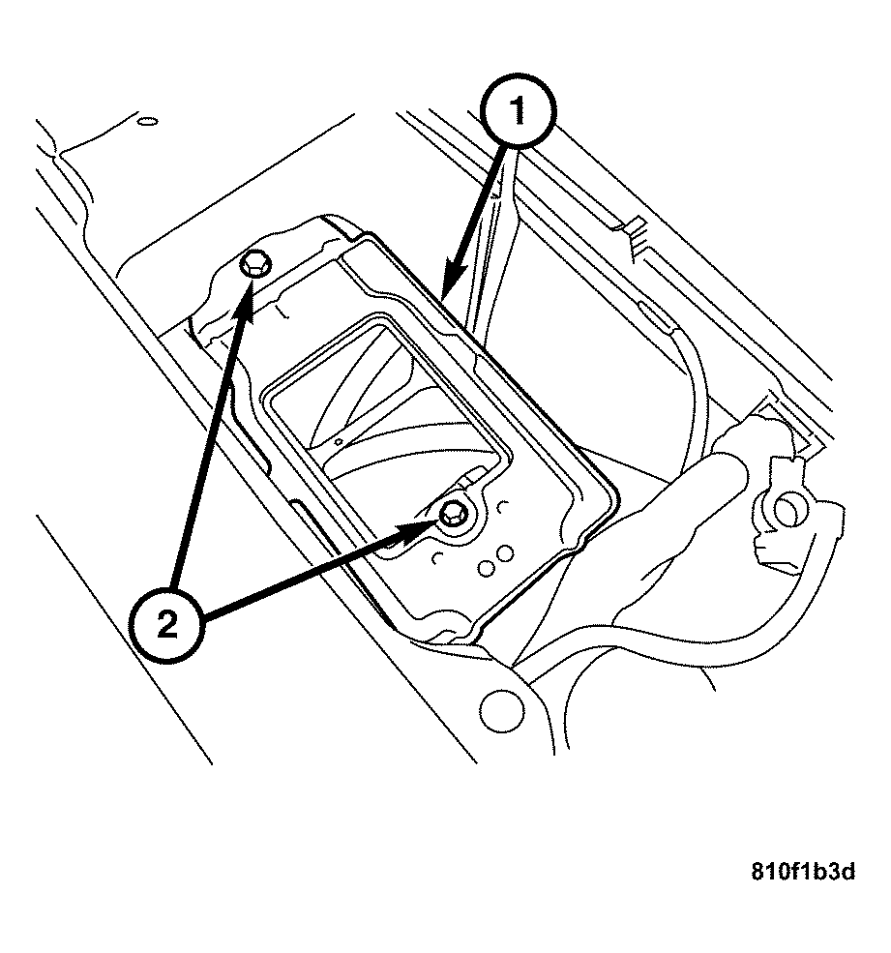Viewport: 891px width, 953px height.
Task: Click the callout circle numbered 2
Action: (x=167, y=624)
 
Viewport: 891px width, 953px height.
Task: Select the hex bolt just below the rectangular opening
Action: (x=452, y=516)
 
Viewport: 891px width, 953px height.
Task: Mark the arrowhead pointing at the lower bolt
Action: (x=424, y=528)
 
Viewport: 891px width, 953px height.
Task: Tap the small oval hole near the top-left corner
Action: (x=146, y=122)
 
